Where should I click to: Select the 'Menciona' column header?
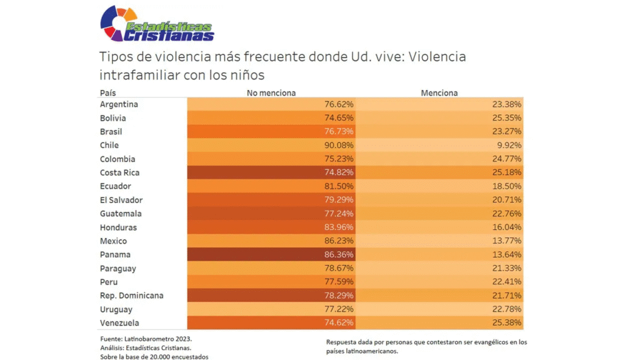[439, 92]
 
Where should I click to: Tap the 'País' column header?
[107, 92]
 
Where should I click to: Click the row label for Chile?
[109, 145]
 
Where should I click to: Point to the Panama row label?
[114, 255]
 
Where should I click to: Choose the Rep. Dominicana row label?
[132, 296]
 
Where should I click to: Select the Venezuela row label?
[119, 323]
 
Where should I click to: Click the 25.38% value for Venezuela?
[507, 323]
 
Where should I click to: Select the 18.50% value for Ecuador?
[507, 186]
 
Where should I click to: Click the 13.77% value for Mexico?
[507, 241]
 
